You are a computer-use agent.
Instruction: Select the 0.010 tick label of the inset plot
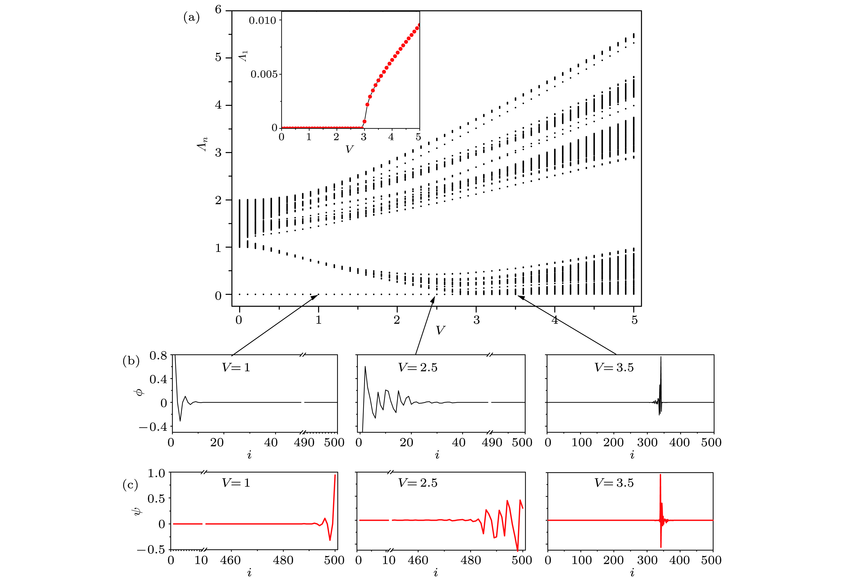click(262, 20)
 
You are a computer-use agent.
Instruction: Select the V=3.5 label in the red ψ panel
click(614, 483)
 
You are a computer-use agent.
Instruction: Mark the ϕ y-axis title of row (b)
click(140, 391)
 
